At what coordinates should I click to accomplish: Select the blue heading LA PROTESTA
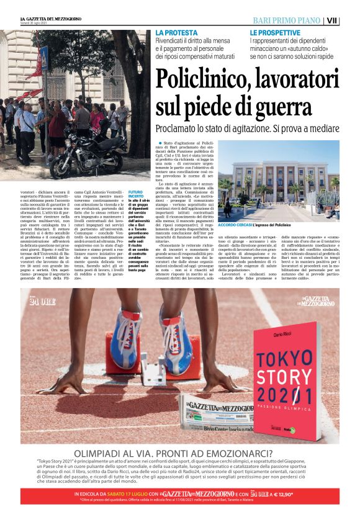[x=177, y=32]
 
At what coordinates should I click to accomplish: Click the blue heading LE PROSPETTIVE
[x=275, y=32]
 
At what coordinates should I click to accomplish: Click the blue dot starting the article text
[x=160, y=143]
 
